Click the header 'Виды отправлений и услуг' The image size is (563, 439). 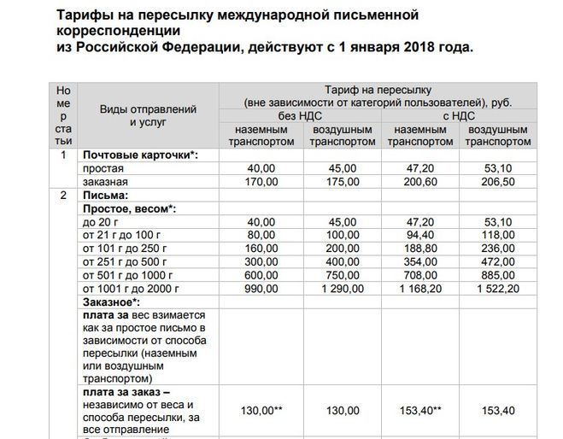[149, 115]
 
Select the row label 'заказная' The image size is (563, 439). [105, 182]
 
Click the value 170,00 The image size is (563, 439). [262, 182]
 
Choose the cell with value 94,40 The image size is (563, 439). [419, 235]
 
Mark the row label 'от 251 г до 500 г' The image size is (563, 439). [124, 261]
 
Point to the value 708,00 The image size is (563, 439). [419, 275]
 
